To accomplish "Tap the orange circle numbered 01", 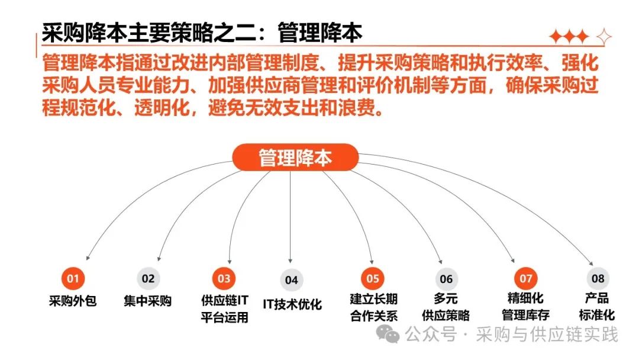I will [x=73, y=278].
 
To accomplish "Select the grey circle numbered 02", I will [x=148, y=278].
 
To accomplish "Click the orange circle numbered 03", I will [x=224, y=278].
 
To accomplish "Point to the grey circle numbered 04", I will [x=291, y=280].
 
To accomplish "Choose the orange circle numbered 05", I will [x=373, y=278].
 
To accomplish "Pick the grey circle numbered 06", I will [x=446, y=279].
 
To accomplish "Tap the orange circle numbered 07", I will [x=526, y=278].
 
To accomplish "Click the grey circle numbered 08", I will [x=598, y=278].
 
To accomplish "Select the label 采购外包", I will [x=73, y=301].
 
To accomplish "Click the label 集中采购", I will [x=148, y=301].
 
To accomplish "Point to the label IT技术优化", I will [x=292, y=304].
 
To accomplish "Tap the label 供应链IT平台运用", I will [x=224, y=308].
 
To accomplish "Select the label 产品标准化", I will [x=598, y=306].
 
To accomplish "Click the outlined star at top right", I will [x=604, y=37].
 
